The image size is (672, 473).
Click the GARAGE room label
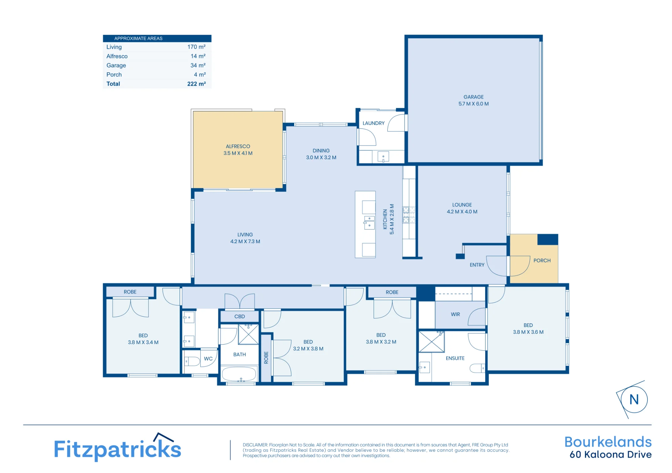tap(473, 97)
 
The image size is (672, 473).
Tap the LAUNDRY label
tap(373, 123)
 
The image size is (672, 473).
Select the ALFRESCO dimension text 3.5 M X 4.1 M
tap(238, 153)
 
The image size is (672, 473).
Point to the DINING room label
tap(321, 151)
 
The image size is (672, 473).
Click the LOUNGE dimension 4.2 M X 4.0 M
tap(462, 212)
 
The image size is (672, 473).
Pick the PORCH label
tap(542, 261)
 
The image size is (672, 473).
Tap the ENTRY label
tap(477, 265)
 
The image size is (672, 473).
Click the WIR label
tap(455, 314)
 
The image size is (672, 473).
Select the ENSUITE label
tap(455, 358)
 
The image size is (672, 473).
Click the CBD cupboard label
tap(240, 316)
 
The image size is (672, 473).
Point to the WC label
tap(208, 359)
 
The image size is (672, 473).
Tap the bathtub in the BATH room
tap(239, 374)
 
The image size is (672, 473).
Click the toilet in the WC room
tap(192, 361)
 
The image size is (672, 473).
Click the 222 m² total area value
tap(197, 84)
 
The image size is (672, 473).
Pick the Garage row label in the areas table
tap(116, 65)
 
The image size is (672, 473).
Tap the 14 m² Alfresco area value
tap(198, 56)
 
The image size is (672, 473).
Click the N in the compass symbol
tap(634, 400)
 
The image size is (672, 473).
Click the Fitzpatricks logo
tap(118, 447)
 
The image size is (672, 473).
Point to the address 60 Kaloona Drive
tap(611, 455)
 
